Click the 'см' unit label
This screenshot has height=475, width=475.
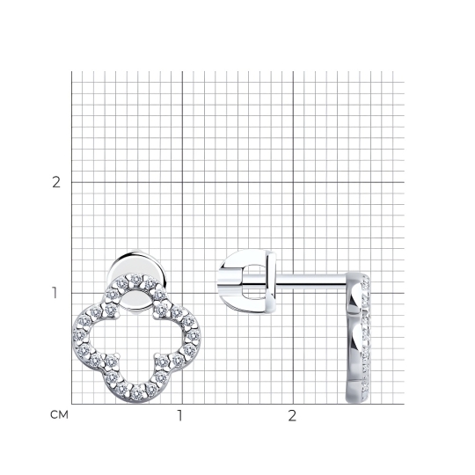click(x=60, y=414)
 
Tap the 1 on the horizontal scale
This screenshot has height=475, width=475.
click(x=180, y=416)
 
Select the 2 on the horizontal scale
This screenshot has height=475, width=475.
click(x=292, y=416)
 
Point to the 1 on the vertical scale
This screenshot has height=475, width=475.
click(x=55, y=293)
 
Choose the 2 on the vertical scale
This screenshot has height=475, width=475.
click(x=56, y=182)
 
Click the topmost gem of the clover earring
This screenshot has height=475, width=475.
click(x=136, y=278)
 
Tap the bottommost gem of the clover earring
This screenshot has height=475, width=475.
click(x=139, y=393)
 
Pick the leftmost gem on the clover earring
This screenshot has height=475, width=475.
click(x=79, y=335)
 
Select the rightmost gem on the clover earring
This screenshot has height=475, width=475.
click(x=194, y=335)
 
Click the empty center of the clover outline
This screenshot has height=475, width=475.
click(x=136, y=336)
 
